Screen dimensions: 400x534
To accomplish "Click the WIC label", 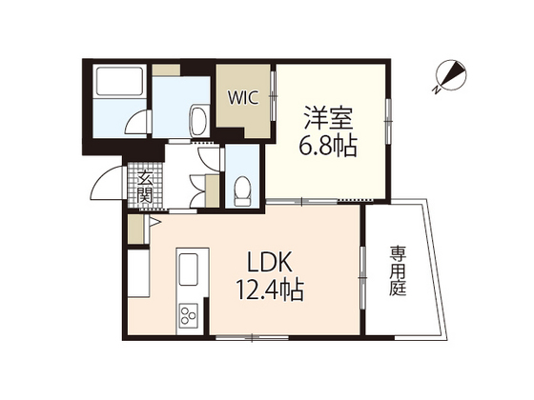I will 240,96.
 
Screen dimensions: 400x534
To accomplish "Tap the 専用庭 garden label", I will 397,272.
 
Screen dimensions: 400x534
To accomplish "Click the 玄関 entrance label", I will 145,186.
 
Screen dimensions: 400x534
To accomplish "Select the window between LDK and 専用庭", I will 362,275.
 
